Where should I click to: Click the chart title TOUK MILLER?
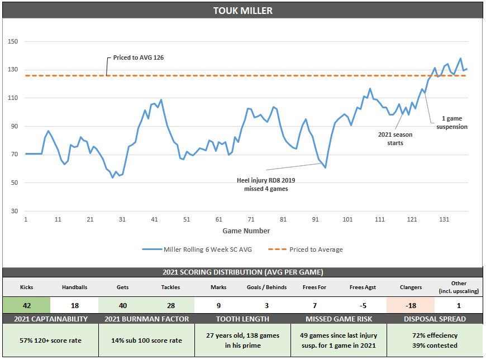pyautogui.click(x=243, y=11)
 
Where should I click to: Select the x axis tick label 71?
pyautogui.click(x=251, y=219)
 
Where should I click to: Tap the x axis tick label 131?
pyautogui.click(x=444, y=219)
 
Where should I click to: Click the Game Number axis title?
pyautogui.click(x=246, y=231)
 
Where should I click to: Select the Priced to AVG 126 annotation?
pyautogui.click(x=138, y=57)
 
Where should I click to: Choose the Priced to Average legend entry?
pyautogui.click(x=308, y=249)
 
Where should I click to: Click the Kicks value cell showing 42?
pyautogui.click(x=26, y=305)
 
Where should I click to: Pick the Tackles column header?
pyautogui.click(x=170, y=287)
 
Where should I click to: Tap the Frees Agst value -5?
pyautogui.click(x=363, y=305)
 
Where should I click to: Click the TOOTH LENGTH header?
pyautogui.click(x=242, y=319)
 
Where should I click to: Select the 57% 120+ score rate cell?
pyautogui.click(x=50, y=340)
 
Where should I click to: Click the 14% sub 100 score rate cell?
pyautogui.click(x=146, y=340)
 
